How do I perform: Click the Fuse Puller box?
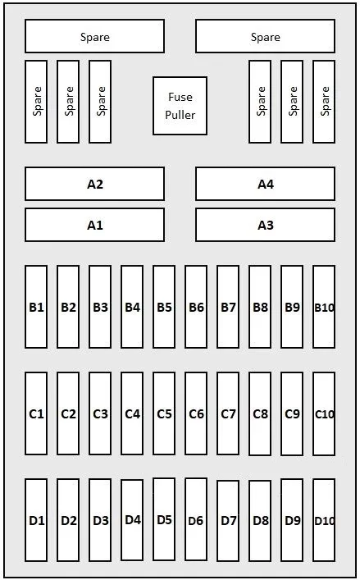[180, 106]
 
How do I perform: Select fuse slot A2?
[94, 184]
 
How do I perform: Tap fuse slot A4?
[266, 184]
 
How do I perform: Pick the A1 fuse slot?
[94, 225]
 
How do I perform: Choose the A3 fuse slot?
[266, 225]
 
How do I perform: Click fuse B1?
[36, 307]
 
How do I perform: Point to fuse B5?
[164, 307]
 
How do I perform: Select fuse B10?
[324, 307]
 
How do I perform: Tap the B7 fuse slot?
[228, 307]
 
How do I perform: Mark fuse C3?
[100, 413]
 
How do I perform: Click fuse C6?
[196, 413]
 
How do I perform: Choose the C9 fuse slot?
[292, 413]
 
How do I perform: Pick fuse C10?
[324, 413]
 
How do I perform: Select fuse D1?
[36, 520]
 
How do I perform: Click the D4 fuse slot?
[132, 520]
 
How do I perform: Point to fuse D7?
[228, 521]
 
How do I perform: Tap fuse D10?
[324, 520]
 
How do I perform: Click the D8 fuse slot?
[260, 521]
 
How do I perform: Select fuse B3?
[100, 307]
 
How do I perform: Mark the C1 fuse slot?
[36, 413]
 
